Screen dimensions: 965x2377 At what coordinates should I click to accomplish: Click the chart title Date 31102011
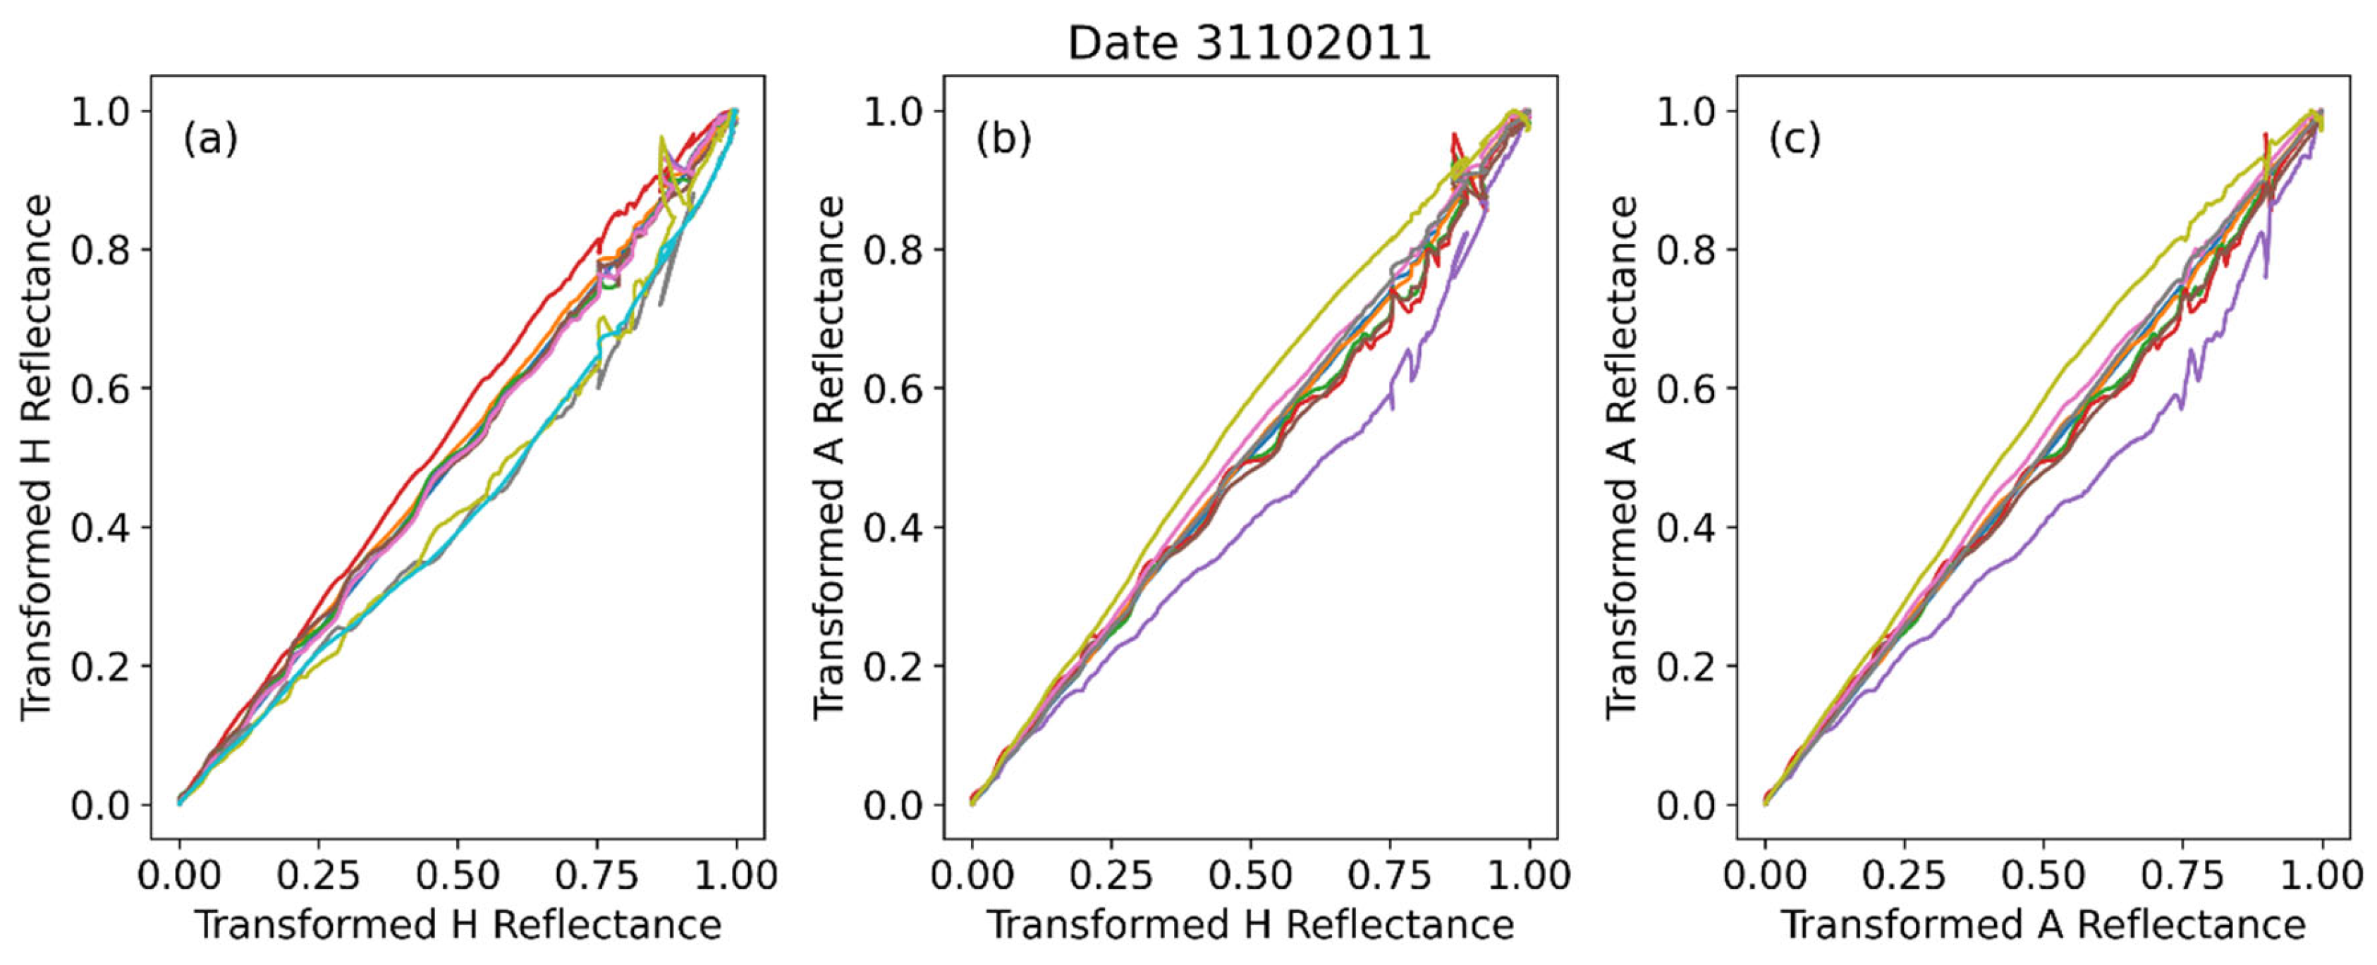click(1249, 42)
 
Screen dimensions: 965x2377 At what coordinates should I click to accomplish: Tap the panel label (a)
click(210, 140)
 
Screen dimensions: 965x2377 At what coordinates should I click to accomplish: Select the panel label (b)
click(1004, 140)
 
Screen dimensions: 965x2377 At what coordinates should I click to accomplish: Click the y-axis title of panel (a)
click(36, 457)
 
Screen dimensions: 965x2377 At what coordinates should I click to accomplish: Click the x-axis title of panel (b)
click(1250, 924)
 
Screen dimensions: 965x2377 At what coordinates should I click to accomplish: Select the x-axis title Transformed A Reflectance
click(2042, 924)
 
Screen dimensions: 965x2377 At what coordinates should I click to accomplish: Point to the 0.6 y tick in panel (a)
click(101, 388)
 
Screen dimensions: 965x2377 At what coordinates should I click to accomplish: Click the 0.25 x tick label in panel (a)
click(318, 875)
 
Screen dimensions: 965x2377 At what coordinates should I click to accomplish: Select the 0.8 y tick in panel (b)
click(893, 250)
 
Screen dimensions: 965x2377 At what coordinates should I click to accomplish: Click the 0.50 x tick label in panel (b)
click(1250, 875)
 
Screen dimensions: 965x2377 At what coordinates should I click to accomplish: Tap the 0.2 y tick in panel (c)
click(1686, 666)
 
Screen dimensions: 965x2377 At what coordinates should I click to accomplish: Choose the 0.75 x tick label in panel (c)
click(2182, 875)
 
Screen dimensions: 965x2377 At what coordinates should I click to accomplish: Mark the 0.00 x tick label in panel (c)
click(1765, 875)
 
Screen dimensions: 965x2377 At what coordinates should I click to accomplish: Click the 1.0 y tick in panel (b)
click(893, 111)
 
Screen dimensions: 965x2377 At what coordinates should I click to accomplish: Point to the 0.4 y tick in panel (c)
click(1686, 528)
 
